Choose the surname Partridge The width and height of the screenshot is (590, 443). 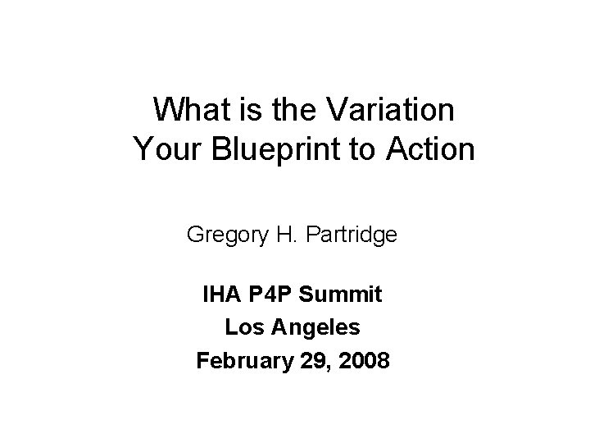pyautogui.click(x=352, y=236)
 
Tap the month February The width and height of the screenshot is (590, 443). pyautogui.click(x=241, y=362)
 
